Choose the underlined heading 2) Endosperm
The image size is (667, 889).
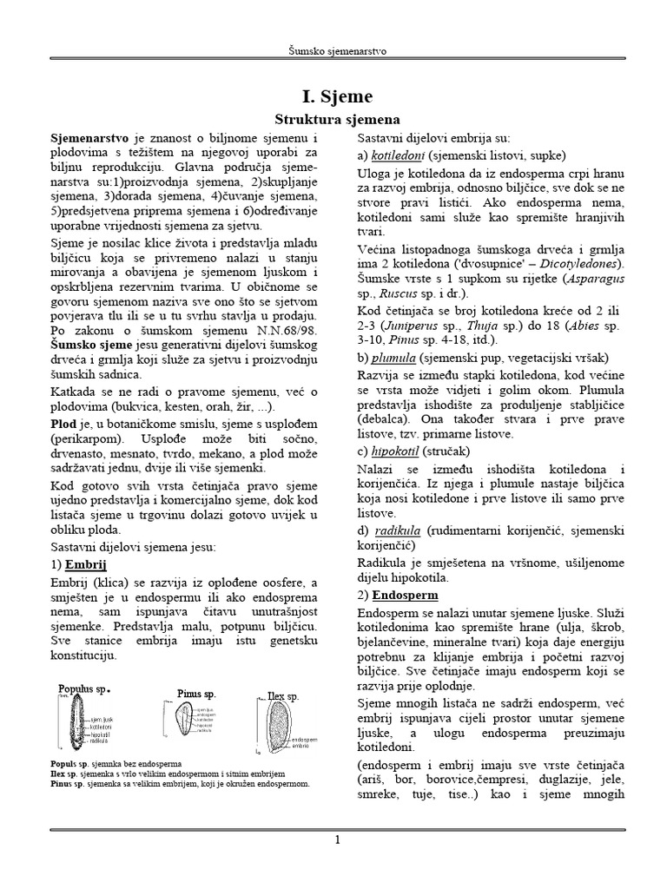click(x=405, y=596)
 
